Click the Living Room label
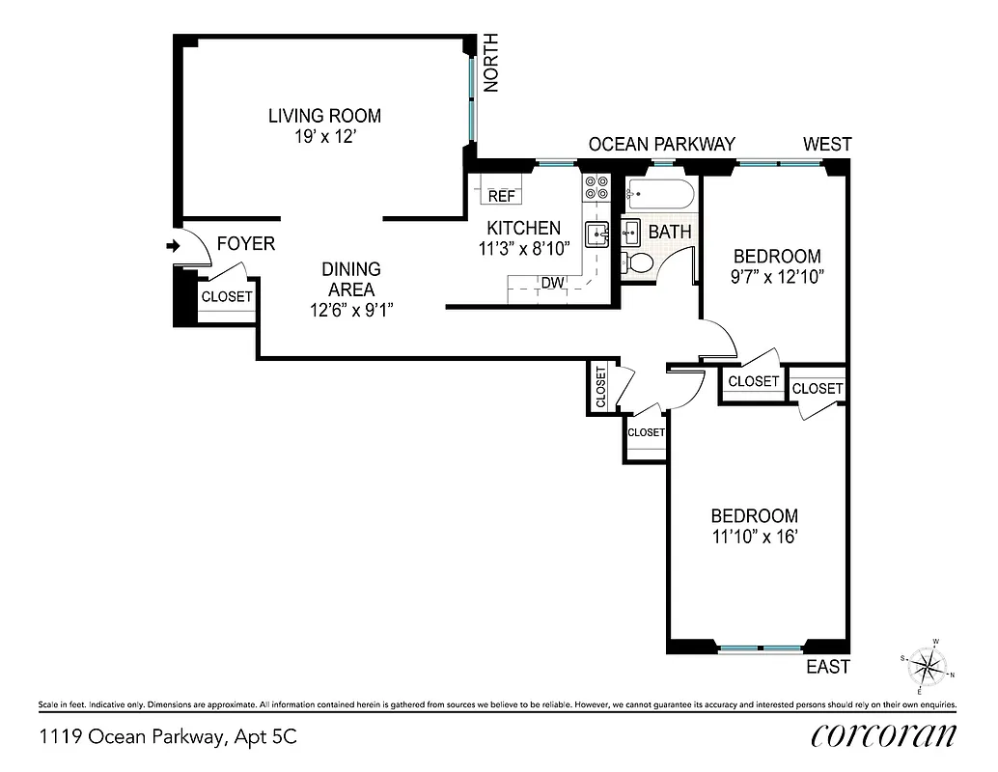click(x=324, y=116)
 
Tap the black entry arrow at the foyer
click(x=174, y=247)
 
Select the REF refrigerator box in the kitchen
click(x=501, y=196)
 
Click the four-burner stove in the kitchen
click(x=596, y=187)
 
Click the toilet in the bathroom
click(x=637, y=262)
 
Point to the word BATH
click(x=669, y=233)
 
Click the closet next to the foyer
click(x=226, y=297)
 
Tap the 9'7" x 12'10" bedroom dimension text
click(x=777, y=276)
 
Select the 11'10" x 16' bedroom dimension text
click(x=754, y=537)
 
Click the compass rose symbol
click(x=929, y=666)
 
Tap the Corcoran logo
click(x=883, y=735)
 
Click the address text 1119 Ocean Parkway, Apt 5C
click(x=168, y=737)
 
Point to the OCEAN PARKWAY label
click(x=661, y=145)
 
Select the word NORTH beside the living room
click(x=491, y=63)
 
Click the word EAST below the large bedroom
click(x=828, y=667)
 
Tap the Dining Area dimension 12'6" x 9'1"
click(x=350, y=310)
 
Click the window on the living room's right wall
click(x=472, y=97)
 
